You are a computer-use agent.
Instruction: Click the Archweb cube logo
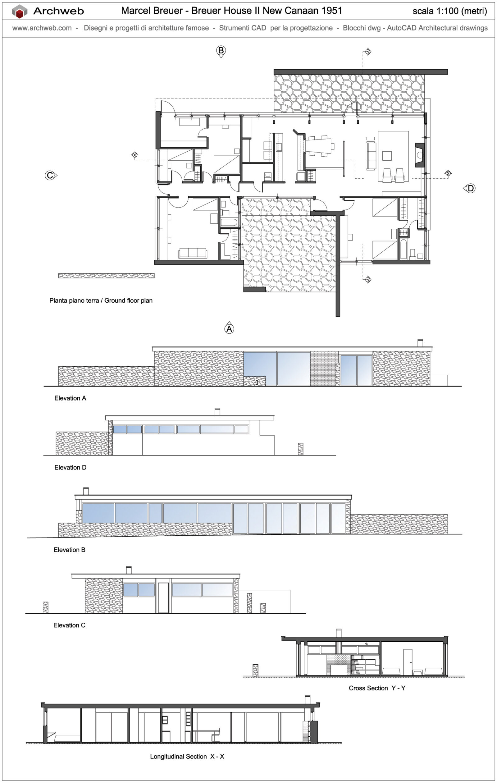coord(20,11)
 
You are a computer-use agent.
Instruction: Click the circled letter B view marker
coord(221,50)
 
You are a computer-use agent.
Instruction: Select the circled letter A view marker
coord(229,329)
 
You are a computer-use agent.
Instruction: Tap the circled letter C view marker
coord(50,175)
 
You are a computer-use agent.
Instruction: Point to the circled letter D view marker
coord(470,188)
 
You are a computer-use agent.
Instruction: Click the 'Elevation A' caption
coord(70,398)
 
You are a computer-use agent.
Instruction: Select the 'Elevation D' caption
coord(70,467)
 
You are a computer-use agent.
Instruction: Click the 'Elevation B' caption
coord(69,550)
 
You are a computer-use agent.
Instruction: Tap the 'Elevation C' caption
coord(69,625)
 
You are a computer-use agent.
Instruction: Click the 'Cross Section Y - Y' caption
coord(377,688)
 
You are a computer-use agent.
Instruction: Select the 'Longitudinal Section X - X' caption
coord(187,756)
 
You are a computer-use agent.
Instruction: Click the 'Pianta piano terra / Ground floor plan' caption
coord(101,300)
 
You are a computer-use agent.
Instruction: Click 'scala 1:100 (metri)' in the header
coord(449,11)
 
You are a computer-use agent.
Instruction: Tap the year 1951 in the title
coord(332,11)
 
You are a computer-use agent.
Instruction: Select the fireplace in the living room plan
coord(420,155)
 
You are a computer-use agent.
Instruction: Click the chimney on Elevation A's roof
coord(420,343)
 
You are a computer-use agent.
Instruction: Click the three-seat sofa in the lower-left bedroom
coord(192,253)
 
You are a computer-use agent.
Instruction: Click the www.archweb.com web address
coord(42,28)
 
